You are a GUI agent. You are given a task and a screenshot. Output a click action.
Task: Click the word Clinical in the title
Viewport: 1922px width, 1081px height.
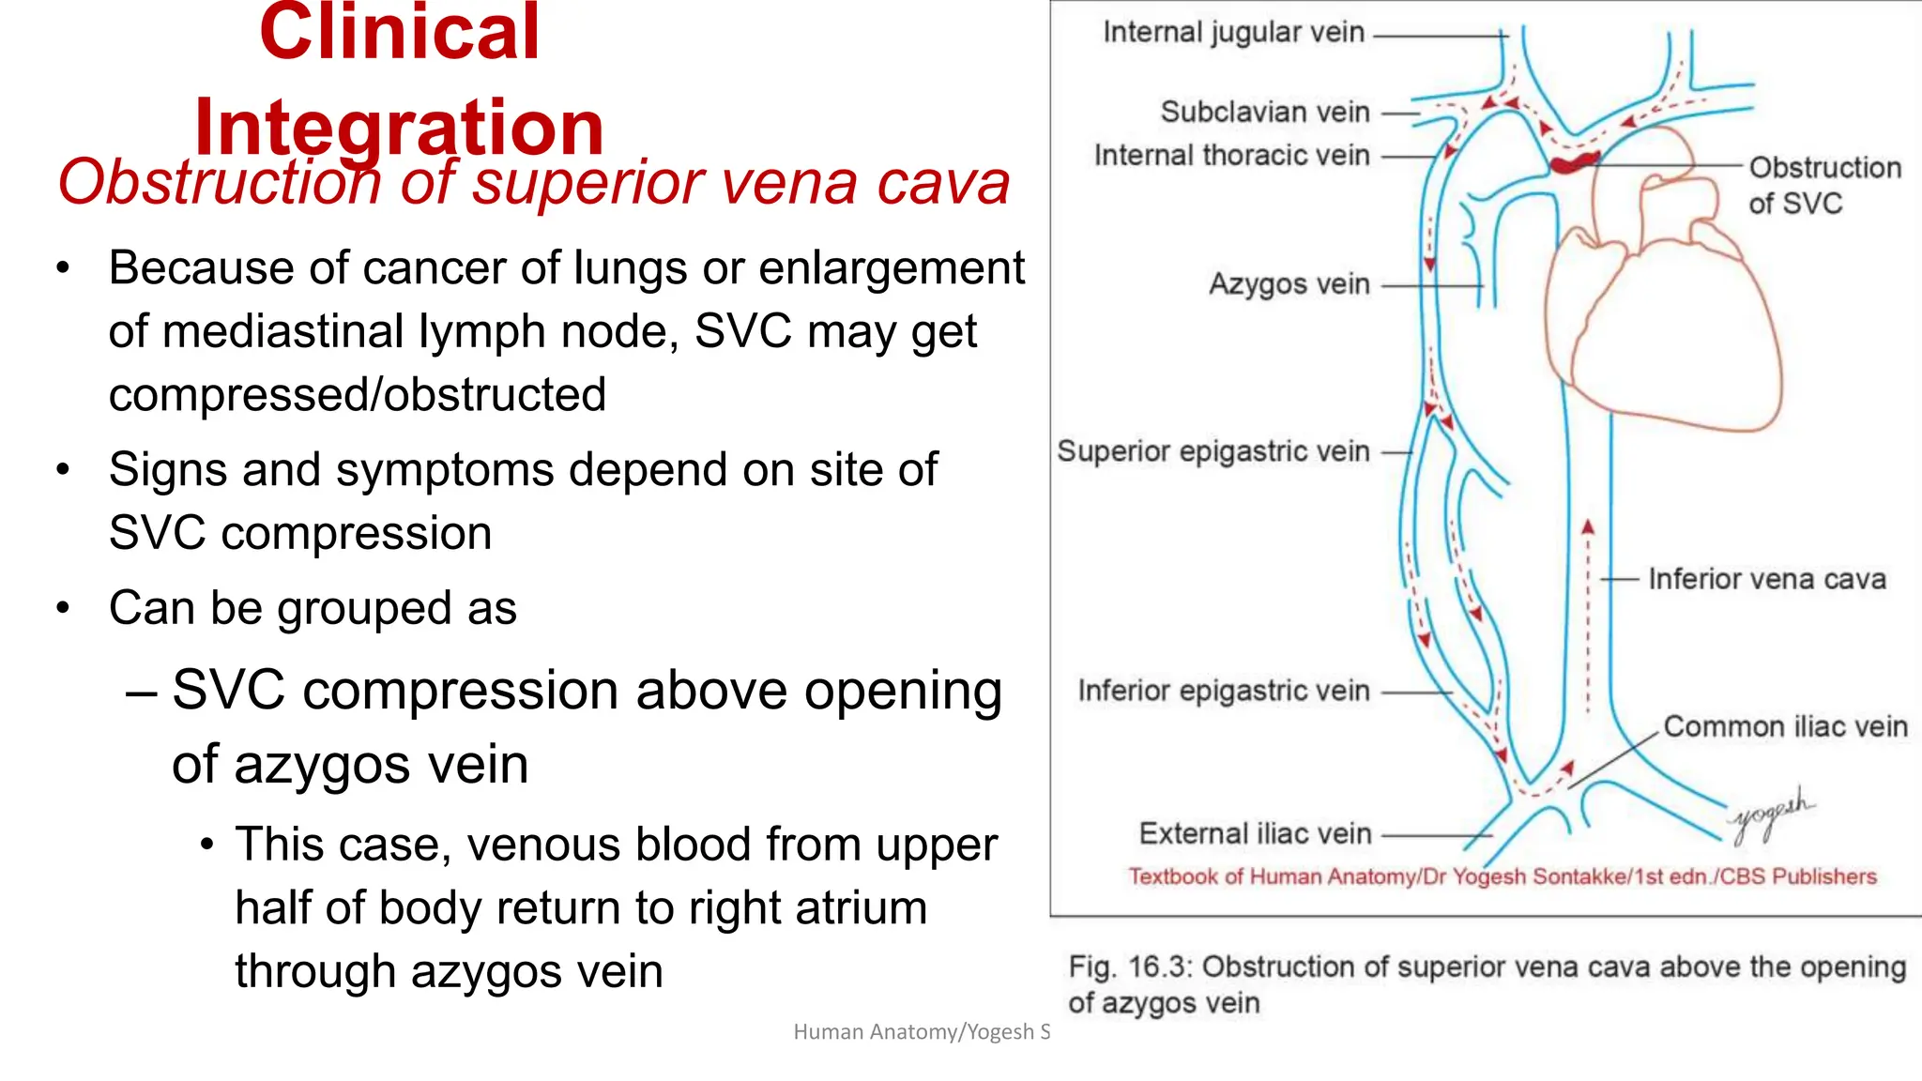point(399,33)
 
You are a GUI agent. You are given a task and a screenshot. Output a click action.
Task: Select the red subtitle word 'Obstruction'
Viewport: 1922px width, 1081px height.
point(219,182)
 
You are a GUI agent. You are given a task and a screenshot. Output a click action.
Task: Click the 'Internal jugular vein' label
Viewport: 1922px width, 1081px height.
point(1233,33)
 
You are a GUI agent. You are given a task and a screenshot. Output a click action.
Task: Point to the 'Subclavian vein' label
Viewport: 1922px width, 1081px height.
point(1264,112)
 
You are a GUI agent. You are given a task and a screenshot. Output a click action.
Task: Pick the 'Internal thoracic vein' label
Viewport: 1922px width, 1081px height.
point(1231,155)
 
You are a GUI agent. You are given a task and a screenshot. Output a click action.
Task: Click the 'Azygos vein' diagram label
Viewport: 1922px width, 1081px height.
point(1289,283)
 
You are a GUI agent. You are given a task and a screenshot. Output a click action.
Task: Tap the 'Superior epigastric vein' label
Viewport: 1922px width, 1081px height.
point(1213,451)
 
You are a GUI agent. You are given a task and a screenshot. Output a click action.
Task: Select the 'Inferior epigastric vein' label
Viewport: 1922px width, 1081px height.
point(1223,691)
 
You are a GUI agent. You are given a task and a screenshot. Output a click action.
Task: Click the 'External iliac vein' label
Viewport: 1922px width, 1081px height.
point(1255,833)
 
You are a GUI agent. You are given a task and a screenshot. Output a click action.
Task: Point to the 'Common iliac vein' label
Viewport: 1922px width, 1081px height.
point(1785,726)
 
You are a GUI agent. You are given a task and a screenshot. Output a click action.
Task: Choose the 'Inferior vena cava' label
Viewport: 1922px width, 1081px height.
point(1766,579)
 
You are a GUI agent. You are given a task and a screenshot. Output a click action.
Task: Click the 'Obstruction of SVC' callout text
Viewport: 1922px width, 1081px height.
point(1823,185)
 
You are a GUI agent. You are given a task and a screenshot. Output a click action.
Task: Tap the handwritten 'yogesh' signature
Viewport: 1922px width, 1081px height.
point(1771,813)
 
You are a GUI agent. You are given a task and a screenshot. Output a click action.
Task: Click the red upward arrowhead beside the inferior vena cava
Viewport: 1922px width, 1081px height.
point(1588,527)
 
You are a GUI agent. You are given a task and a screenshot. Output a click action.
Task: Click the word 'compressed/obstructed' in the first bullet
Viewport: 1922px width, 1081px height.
point(357,394)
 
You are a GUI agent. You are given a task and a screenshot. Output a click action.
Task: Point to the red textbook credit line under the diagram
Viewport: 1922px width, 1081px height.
point(1502,876)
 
